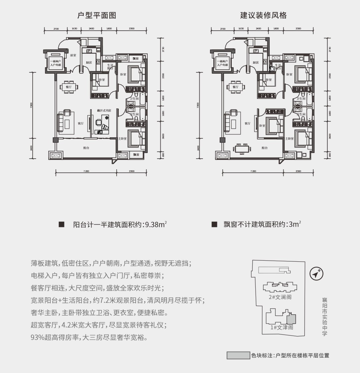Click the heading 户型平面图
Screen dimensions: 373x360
tap(97, 15)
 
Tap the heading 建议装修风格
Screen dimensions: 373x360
tap(263, 15)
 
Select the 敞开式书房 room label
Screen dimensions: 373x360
tap(104, 110)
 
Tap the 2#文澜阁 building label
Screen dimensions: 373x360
tap(280, 297)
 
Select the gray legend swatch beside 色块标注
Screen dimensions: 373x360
tap(238, 355)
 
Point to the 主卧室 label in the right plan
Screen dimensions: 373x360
tap(289, 138)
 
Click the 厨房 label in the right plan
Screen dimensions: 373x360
tap(256, 62)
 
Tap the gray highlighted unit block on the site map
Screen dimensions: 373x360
tap(291, 319)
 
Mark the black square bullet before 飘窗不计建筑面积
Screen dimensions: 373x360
tap(214, 224)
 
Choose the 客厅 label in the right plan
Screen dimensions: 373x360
tap(247, 123)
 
